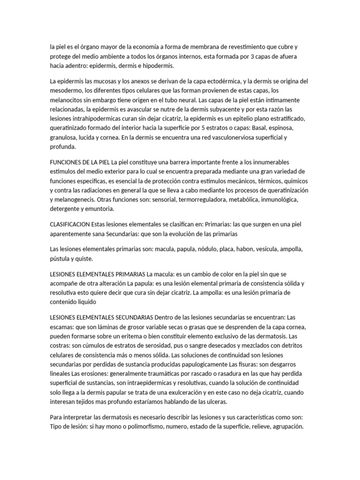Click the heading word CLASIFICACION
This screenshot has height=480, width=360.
click(69, 225)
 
